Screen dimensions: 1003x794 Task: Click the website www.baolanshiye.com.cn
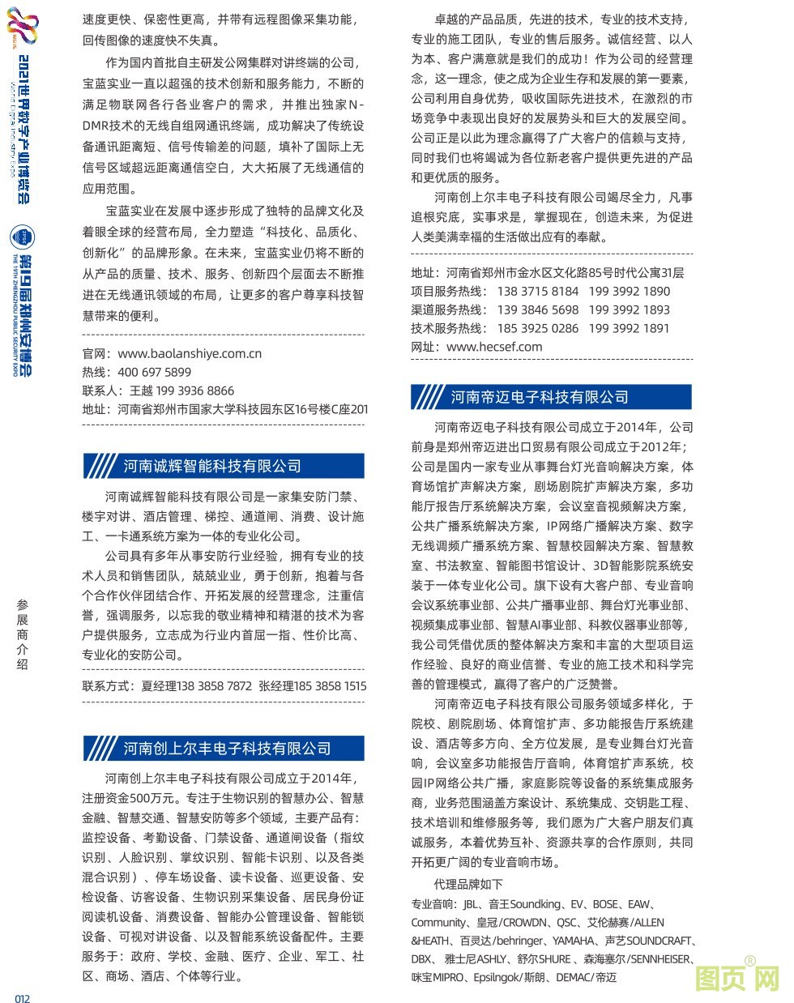pos(190,353)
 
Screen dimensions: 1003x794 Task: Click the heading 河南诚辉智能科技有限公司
pos(211,466)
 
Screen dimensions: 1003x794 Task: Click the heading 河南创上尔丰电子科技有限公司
pos(227,748)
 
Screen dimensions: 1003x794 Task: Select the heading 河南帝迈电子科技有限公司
pos(540,397)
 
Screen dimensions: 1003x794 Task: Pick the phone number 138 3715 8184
pos(538,291)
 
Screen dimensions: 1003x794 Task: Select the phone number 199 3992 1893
pos(629,309)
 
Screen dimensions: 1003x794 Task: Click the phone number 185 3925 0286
pos(538,328)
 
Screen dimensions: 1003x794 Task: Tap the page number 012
pos(22,997)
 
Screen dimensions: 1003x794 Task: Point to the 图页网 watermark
pos(737,977)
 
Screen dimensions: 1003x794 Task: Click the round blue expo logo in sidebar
pos(22,237)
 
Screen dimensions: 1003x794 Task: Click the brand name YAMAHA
pos(573,941)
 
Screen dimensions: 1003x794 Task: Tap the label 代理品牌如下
pos(468,884)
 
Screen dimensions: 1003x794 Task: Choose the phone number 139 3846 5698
pos(538,309)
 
